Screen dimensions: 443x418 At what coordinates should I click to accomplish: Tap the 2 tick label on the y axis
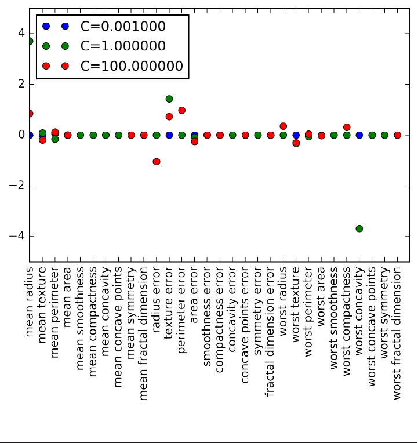click(21, 85)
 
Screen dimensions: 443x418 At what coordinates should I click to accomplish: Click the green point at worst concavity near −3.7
click(359, 229)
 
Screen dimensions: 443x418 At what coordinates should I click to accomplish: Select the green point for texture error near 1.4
click(169, 99)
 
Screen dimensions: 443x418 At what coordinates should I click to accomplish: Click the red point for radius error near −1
click(157, 162)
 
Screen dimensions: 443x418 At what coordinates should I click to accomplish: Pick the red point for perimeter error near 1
click(181, 110)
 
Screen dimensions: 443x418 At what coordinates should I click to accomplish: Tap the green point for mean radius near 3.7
click(30, 41)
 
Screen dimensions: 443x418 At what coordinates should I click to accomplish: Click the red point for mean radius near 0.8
click(30, 114)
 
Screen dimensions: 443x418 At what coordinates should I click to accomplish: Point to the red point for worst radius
click(283, 126)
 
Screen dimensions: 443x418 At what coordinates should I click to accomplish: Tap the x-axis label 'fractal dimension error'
click(271, 331)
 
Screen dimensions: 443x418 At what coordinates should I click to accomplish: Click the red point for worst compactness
click(347, 127)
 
